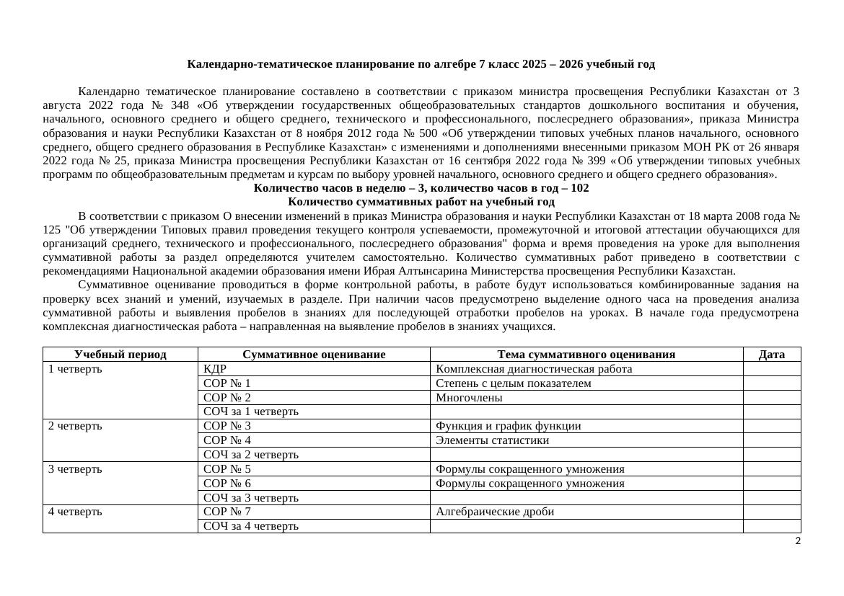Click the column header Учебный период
[x=120, y=354]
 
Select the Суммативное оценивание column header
[x=314, y=354]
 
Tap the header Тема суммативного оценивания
[x=586, y=354]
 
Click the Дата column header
[x=771, y=354]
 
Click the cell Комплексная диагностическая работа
[x=534, y=368]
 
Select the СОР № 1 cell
[x=227, y=383]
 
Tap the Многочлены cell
[x=469, y=397]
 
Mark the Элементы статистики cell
[x=492, y=440]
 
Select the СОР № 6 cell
[x=227, y=483]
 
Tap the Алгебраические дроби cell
[x=495, y=512]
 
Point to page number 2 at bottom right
[x=797, y=541]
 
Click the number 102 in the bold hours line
[x=579, y=188]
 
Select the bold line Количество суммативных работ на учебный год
[x=421, y=202]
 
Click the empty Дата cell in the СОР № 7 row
[x=771, y=512]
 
